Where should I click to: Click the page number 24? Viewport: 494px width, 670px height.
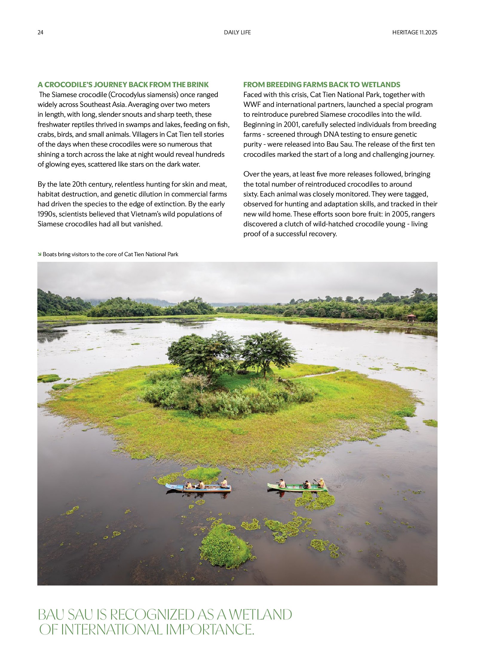point(40,32)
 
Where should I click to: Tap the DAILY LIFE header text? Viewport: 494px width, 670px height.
point(237,32)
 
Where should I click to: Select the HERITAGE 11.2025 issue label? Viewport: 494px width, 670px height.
point(415,32)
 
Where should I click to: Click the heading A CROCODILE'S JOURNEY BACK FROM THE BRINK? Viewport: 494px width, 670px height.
point(123,84)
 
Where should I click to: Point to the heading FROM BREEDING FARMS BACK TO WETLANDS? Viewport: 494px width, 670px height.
point(321,84)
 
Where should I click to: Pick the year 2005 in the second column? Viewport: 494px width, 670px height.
point(401,214)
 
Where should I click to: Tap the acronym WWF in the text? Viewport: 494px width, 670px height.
point(252,105)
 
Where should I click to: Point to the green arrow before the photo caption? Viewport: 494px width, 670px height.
point(39,254)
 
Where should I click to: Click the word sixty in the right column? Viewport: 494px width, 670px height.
point(250,194)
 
